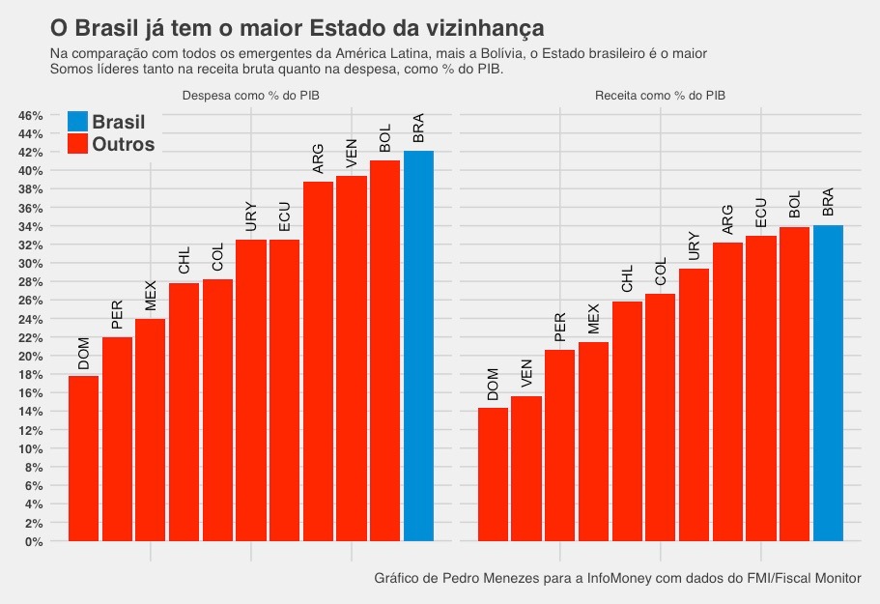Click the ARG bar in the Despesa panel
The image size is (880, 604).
[318, 361]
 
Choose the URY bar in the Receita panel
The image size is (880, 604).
[694, 405]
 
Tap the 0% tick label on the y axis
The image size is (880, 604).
[33, 542]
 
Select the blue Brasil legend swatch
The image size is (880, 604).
[78, 122]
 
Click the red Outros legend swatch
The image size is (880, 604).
[78, 145]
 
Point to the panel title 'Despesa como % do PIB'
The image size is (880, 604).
[251, 96]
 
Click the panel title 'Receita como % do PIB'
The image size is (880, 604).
[661, 96]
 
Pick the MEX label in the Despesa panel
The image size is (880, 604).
[150, 296]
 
